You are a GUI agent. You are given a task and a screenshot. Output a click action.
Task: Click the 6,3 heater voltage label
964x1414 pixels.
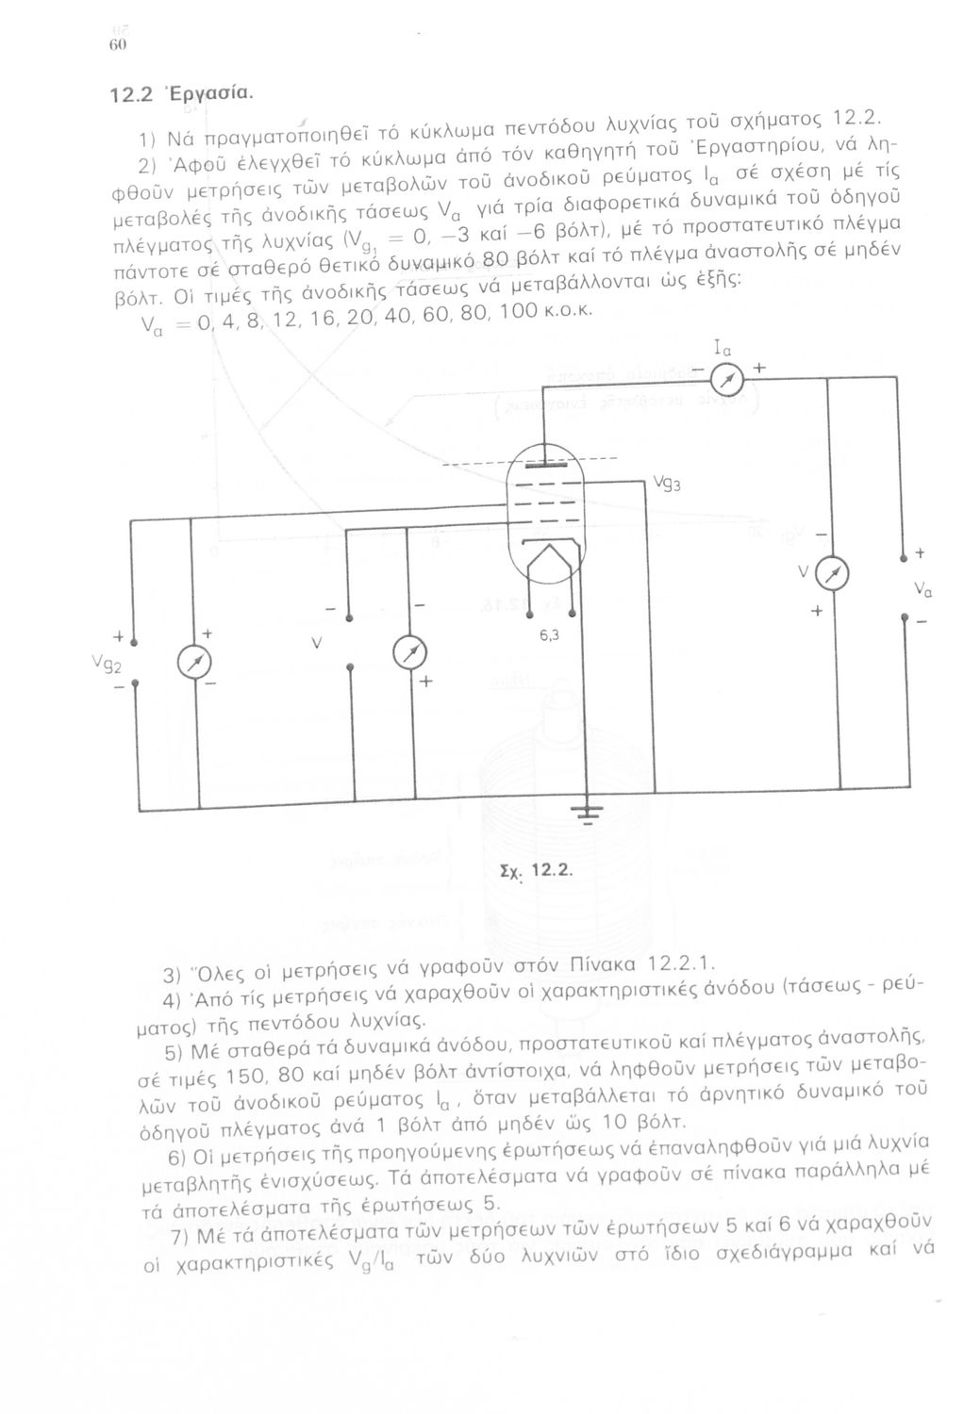[552, 634]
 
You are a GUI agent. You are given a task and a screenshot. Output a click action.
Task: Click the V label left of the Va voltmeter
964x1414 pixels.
[803, 572]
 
